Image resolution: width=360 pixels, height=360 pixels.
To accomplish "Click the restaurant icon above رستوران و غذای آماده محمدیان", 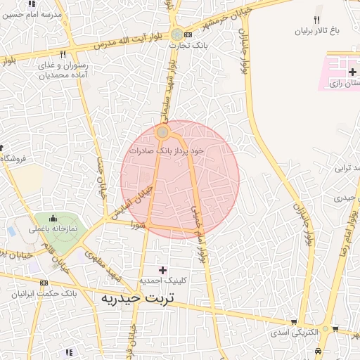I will pos(63,55).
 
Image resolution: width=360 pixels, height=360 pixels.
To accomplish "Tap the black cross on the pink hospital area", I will pos(352,72).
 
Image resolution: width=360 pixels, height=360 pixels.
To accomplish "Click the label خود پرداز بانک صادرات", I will pos(166,150).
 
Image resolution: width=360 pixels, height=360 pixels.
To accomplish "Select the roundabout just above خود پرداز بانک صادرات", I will pos(162,132).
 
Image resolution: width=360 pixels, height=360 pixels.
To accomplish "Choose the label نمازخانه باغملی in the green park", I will pos(53,229).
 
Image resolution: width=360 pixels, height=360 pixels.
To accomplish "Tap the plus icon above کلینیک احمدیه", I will pos(163,270).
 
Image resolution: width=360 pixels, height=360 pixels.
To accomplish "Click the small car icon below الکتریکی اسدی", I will pos(319,349).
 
